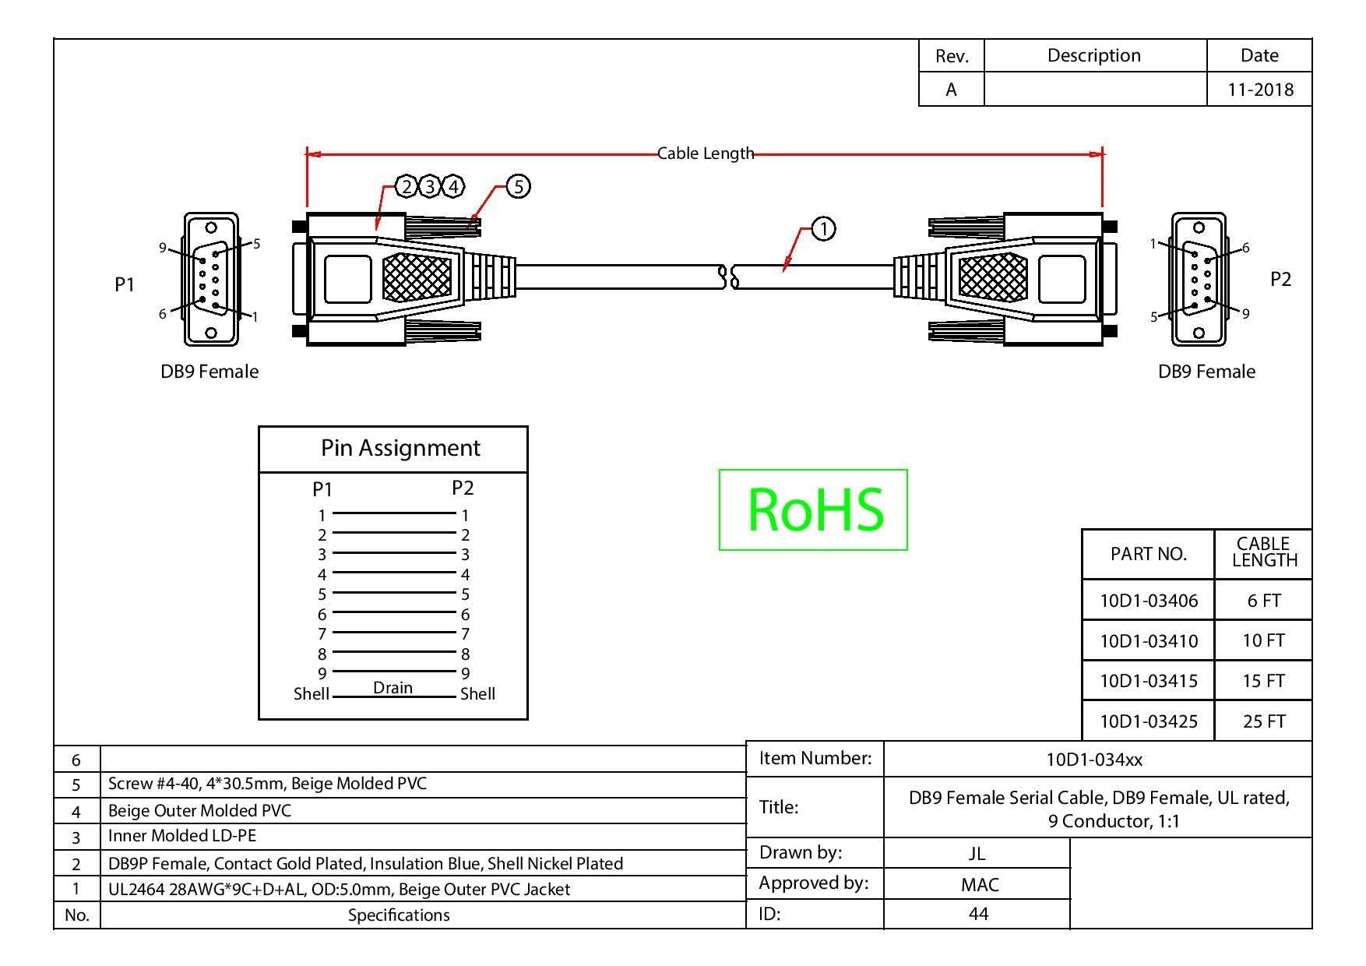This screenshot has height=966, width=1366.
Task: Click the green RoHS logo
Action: click(814, 509)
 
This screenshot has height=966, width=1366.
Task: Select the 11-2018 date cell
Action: click(1260, 90)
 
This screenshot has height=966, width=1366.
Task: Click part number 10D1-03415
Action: click(1149, 681)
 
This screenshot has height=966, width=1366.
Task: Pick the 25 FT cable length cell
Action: click(1263, 721)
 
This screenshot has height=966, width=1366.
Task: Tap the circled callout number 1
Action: click(823, 229)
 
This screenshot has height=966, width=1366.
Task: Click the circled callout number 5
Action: click(518, 186)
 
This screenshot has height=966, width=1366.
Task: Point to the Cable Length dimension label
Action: click(706, 153)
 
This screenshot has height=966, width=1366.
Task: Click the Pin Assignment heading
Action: click(400, 448)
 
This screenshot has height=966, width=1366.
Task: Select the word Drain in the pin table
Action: click(393, 687)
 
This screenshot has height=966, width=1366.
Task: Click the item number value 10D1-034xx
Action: click(1094, 760)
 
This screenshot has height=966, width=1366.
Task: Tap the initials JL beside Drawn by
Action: click(977, 853)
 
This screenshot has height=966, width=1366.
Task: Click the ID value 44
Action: click(978, 914)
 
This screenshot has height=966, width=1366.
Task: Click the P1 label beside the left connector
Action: click(125, 284)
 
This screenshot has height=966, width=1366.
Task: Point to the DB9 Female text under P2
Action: click(1206, 372)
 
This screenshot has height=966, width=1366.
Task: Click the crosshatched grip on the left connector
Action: click(417, 278)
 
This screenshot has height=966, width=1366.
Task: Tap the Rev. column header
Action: click(952, 56)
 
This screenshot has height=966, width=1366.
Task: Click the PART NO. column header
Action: click(1149, 554)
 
